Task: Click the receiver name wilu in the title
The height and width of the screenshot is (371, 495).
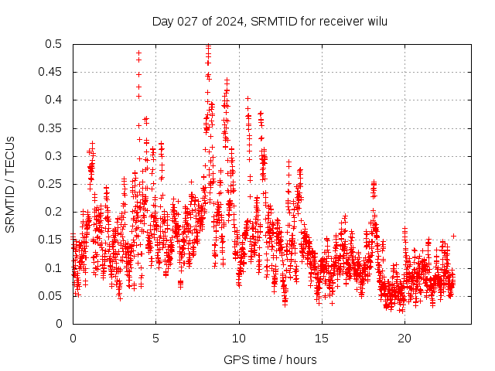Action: [374, 22]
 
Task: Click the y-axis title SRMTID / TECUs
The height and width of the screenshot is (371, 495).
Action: [10, 184]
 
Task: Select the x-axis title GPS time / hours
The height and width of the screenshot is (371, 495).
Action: [270, 359]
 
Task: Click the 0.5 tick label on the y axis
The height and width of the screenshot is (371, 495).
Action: [53, 44]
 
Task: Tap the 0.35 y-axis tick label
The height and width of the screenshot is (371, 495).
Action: [49, 128]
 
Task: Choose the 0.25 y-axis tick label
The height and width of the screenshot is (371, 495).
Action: [49, 184]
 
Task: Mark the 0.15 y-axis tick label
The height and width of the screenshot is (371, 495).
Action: [49, 240]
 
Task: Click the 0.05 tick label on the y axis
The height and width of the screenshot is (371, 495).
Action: [49, 295]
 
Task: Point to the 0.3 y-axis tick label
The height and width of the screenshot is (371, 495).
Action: [53, 156]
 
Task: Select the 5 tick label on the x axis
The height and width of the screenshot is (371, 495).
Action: [155, 339]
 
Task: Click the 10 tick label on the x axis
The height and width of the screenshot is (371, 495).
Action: [239, 339]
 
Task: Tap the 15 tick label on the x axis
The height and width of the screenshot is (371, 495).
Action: [322, 339]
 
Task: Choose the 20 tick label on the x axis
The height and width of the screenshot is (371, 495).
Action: [405, 339]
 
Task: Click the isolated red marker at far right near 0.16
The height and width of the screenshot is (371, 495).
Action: [453, 236]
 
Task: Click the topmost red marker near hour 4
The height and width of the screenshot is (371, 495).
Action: [138, 53]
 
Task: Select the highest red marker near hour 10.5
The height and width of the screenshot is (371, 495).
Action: [247, 98]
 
